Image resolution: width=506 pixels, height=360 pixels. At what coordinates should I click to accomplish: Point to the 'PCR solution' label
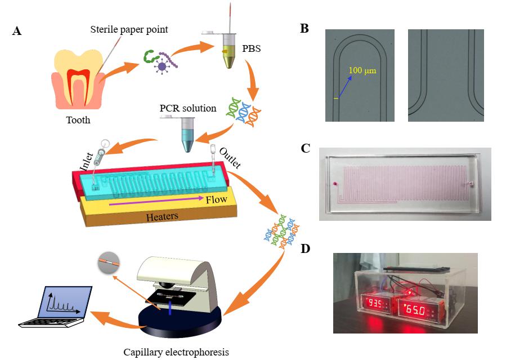(188, 108)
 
